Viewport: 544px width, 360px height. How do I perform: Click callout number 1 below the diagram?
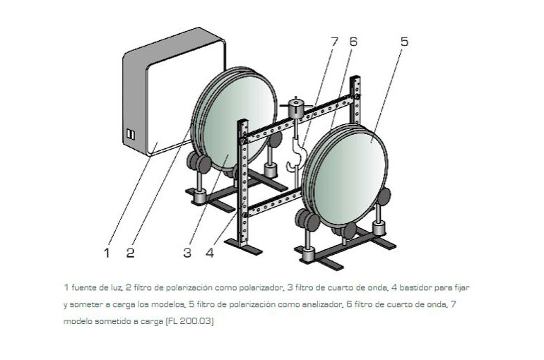[107, 253]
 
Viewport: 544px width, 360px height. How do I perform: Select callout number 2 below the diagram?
[131, 253]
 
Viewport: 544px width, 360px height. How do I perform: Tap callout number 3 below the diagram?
[187, 253]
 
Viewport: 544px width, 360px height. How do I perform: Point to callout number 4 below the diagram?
[210, 253]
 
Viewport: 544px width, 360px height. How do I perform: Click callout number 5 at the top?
[405, 42]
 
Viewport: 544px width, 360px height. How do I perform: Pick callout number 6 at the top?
[353, 42]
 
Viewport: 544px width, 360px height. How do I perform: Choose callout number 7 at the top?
[334, 42]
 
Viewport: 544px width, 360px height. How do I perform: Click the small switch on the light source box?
[131, 134]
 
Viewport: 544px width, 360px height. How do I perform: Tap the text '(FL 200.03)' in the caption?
[190, 321]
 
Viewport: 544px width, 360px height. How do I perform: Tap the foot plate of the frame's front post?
[244, 246]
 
